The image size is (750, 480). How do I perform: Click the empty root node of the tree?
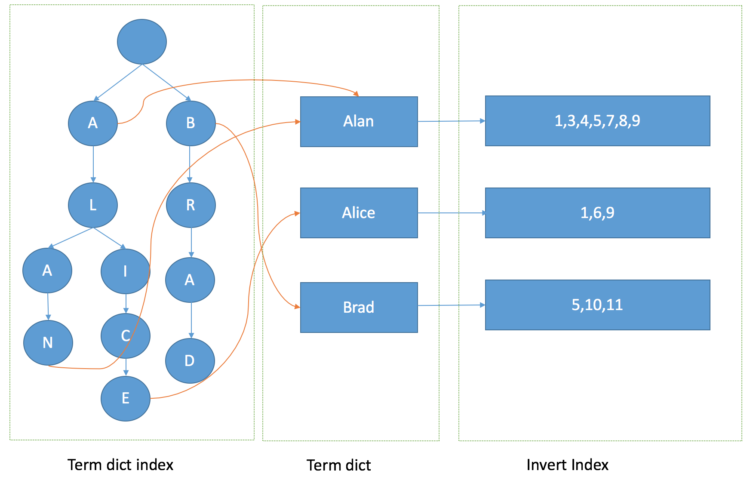point(142,42)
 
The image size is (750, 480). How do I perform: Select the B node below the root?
point(191,123)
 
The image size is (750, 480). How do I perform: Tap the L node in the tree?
point(93,205)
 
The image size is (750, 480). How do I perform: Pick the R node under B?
point(191,205)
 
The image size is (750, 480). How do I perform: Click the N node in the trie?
point(48,343)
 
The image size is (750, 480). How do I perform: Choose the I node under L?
point(125,271)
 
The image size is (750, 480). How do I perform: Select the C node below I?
point(125,336)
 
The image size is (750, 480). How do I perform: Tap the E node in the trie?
point(125,398)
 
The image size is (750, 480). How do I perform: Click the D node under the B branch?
point(190,361)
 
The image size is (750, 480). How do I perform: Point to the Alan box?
point(359,122)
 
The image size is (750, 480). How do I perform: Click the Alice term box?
point(359,213)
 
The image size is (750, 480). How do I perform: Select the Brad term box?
point(359,308)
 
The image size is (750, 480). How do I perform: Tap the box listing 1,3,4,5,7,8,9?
point(597,121)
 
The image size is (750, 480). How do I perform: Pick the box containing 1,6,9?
point(597,213)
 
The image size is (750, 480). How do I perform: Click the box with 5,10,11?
point(597,305)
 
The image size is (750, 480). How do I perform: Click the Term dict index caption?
point(120,465)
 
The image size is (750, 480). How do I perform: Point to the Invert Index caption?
point(567,465)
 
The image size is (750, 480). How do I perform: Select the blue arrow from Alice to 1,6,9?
point(452,213)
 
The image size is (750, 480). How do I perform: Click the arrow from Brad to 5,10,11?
point(452,305)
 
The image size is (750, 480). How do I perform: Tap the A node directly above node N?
point(47,271)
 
